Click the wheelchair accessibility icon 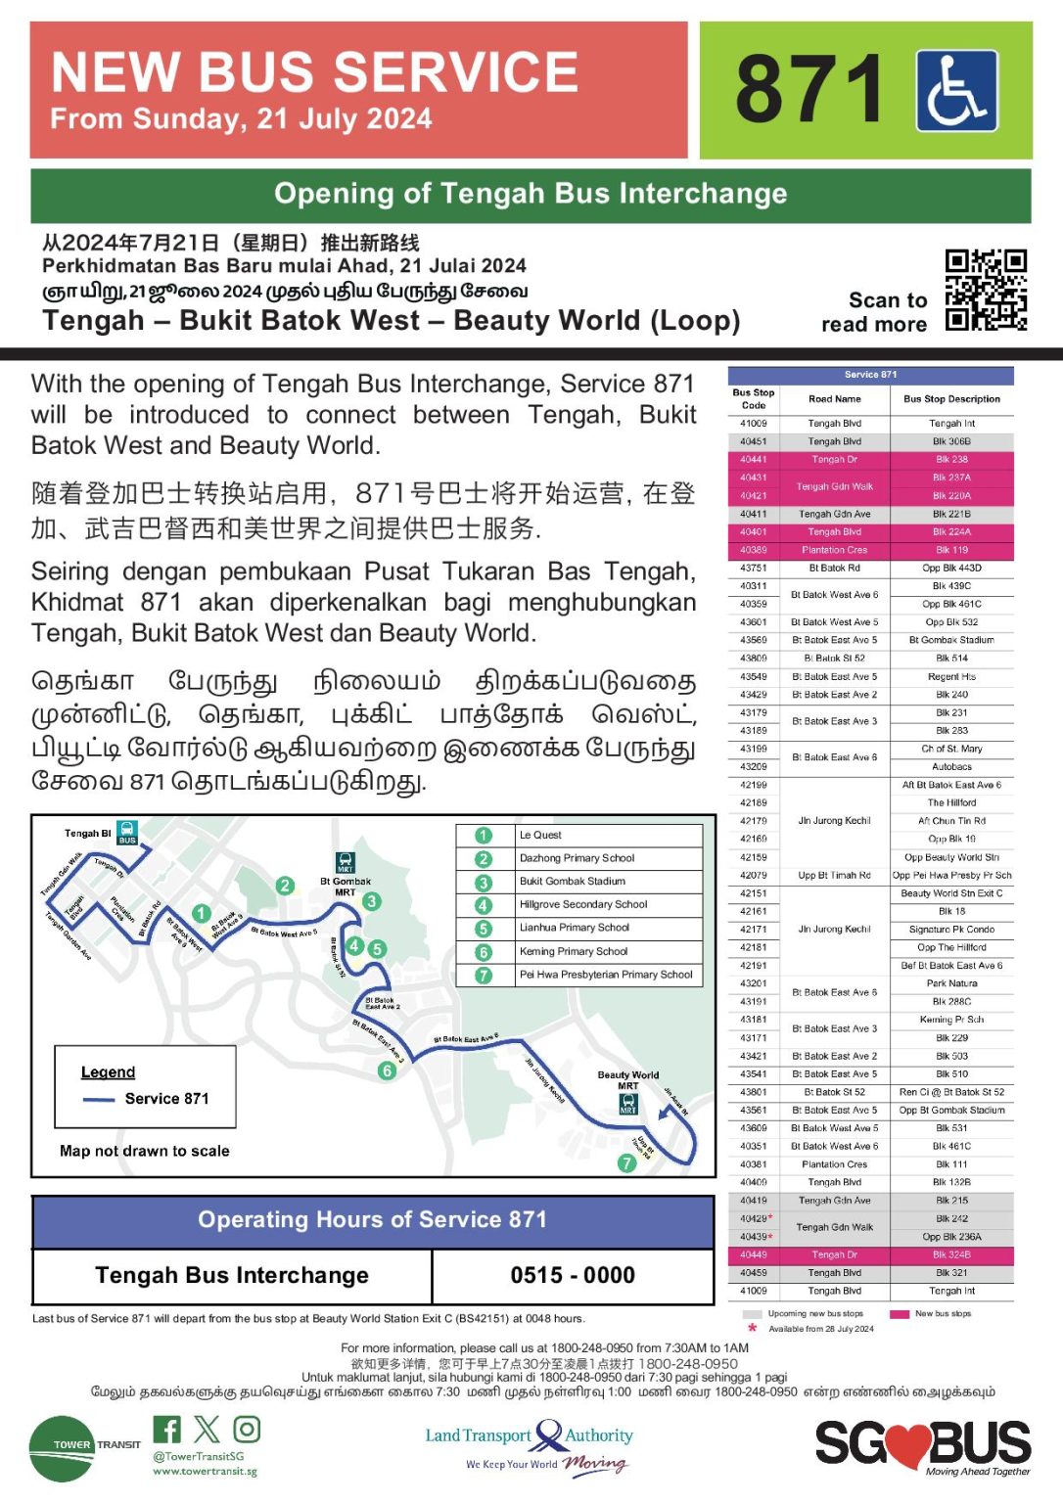click(956, 91)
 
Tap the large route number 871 click(809, 90)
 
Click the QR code click(986, 291)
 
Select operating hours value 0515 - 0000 click(573, 1275)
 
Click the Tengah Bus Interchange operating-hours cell click(232, 1275)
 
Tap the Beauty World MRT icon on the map click(628, 1103)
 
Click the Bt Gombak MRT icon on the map click(346, 862)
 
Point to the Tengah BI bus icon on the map click(127, 833)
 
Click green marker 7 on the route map click(626, 1162)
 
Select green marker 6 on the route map click(387, 1070)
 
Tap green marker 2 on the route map click(285, 886)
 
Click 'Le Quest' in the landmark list click(540, 836)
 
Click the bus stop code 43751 click(753, 568)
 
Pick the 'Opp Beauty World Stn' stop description click(951, 857)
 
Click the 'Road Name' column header click(834, 399)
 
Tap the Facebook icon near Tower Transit click(167, 1430)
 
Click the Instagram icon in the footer click(247, 1430)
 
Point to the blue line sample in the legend click(99, 1099)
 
